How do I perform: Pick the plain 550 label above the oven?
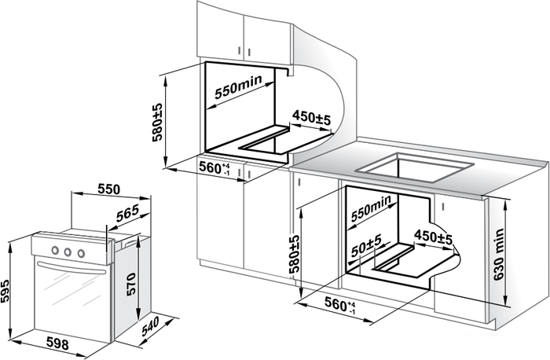pos(108,189)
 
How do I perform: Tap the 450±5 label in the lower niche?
pos(433,236)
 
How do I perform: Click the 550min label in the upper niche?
pos(238,90)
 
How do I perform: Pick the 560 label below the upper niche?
pos(214,168)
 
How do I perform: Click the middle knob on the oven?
pos(67,252)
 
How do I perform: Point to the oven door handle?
pos(69,269)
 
